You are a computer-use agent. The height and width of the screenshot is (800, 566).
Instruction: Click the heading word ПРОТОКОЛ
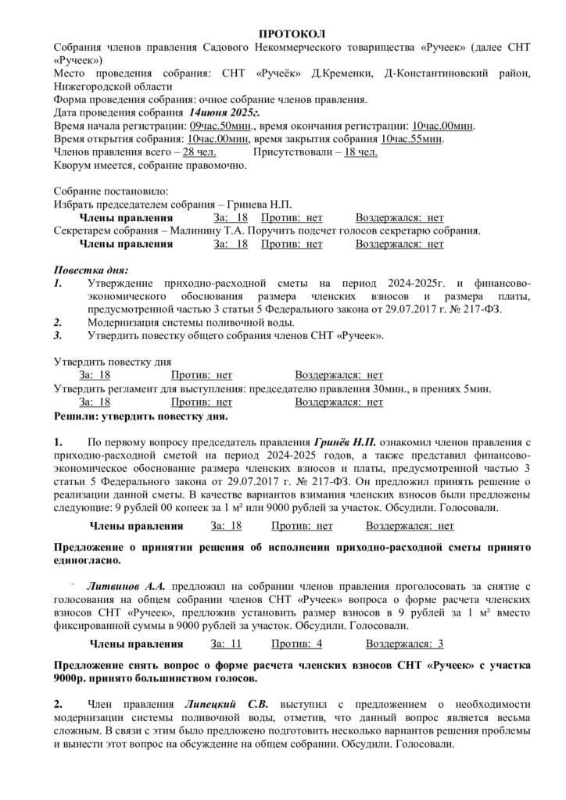click(291, 33)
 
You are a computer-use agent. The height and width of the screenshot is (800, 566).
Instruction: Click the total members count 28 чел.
click(200, 152)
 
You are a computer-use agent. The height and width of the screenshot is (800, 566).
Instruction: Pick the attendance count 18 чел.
click(361, 152)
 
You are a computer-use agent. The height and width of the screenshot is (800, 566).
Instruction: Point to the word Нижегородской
click(91, 86)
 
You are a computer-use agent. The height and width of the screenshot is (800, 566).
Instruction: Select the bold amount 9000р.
click(70, 678)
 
